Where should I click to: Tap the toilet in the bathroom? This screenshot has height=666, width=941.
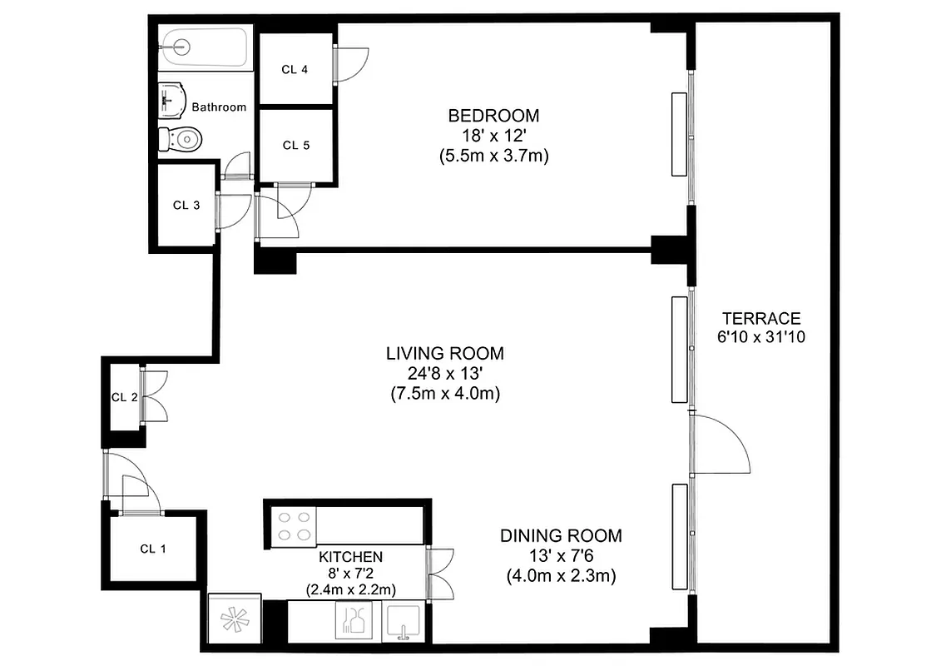pos(182,138)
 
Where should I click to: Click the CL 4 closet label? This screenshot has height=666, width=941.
pos(295,70)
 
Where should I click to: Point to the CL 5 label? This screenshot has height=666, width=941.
pos(295,145)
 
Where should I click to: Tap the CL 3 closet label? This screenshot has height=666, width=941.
pos(186,206)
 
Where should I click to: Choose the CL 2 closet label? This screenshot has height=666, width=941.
pos(124,397)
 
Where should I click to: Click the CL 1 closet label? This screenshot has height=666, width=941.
pos(153,548)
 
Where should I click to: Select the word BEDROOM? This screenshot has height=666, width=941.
pos(493,116)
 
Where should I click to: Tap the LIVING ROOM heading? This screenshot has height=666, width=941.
pos(444,354)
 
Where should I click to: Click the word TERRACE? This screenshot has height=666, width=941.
pos(760,318)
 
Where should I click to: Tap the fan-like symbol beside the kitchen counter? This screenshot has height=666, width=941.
pos(233,621)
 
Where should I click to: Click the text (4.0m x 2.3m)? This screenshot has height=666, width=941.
pos(561,575)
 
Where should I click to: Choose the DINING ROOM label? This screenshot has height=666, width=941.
pos(561,535)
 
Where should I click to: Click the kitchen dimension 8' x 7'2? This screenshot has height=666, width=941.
pos(350,574)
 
